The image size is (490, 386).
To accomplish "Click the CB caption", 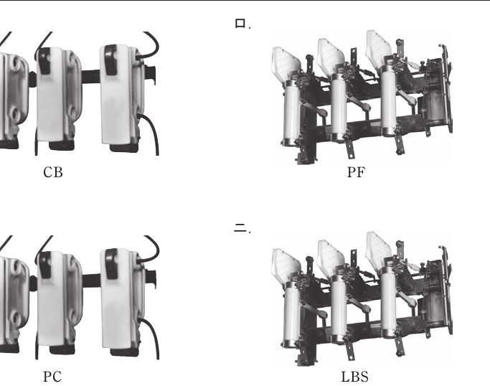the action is pos(53,172).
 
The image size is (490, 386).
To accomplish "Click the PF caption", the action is pos(356,172).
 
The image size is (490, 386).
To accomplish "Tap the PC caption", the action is pos(52,377).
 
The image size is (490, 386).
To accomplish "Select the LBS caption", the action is pos(354,377).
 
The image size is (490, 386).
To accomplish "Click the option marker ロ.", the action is pos(240,24).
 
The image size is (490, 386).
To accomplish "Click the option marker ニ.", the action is pos(240,228).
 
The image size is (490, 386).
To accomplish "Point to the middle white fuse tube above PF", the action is pos(339,108).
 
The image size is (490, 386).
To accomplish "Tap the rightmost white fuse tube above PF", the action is pos(388,102).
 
